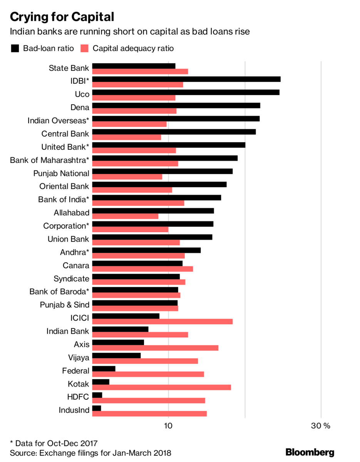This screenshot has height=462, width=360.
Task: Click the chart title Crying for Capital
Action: (x=62, y=17)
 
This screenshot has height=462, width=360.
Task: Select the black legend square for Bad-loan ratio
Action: (x=15, y=48)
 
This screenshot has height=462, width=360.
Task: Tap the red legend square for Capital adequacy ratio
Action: (x=85, y=48)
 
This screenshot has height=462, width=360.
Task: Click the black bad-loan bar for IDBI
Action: (x=186, y=79)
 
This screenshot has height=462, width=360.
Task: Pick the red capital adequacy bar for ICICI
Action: (x=162, y=321)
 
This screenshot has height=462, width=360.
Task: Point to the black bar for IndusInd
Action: (x=97, y=408)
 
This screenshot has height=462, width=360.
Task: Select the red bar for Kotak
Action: (x=162, y=387)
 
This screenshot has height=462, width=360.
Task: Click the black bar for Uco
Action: (x=186, y=92)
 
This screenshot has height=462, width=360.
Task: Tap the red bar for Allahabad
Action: (x=125, y=216)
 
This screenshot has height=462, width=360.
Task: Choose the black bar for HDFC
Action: (x=97, y=395)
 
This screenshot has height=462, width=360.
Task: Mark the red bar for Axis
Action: (x=155, y=348)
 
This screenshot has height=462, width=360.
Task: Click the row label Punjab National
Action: (x=61, y=173)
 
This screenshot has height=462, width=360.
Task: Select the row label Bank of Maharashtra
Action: (x=50, y=160)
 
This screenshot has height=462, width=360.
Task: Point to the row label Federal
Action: (x=75, y=371)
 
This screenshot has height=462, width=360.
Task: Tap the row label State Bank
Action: (x=69, y=68)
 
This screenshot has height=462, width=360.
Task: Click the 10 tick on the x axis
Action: (x=168, y=426)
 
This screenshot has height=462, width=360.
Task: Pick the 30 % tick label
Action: (x=321, y=426)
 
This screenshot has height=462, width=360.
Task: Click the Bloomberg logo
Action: (x=310, y=452)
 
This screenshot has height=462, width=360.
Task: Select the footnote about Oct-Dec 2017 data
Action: (x=54, y=443)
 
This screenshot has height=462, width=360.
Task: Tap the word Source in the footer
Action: (x=22, y=453)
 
